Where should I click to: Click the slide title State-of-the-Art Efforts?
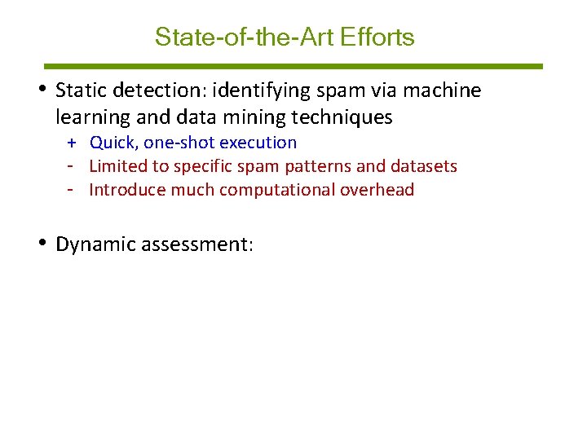[x=285, y=37]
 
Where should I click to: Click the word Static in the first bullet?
[x=80, y=90]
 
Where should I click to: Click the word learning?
[x=93, y=117]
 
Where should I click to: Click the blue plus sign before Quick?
[x=72, y=143]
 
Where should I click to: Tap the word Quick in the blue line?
[x=113, y=143]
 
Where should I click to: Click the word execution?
[x=258, y=143]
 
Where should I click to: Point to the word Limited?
[x=118, y=166]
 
